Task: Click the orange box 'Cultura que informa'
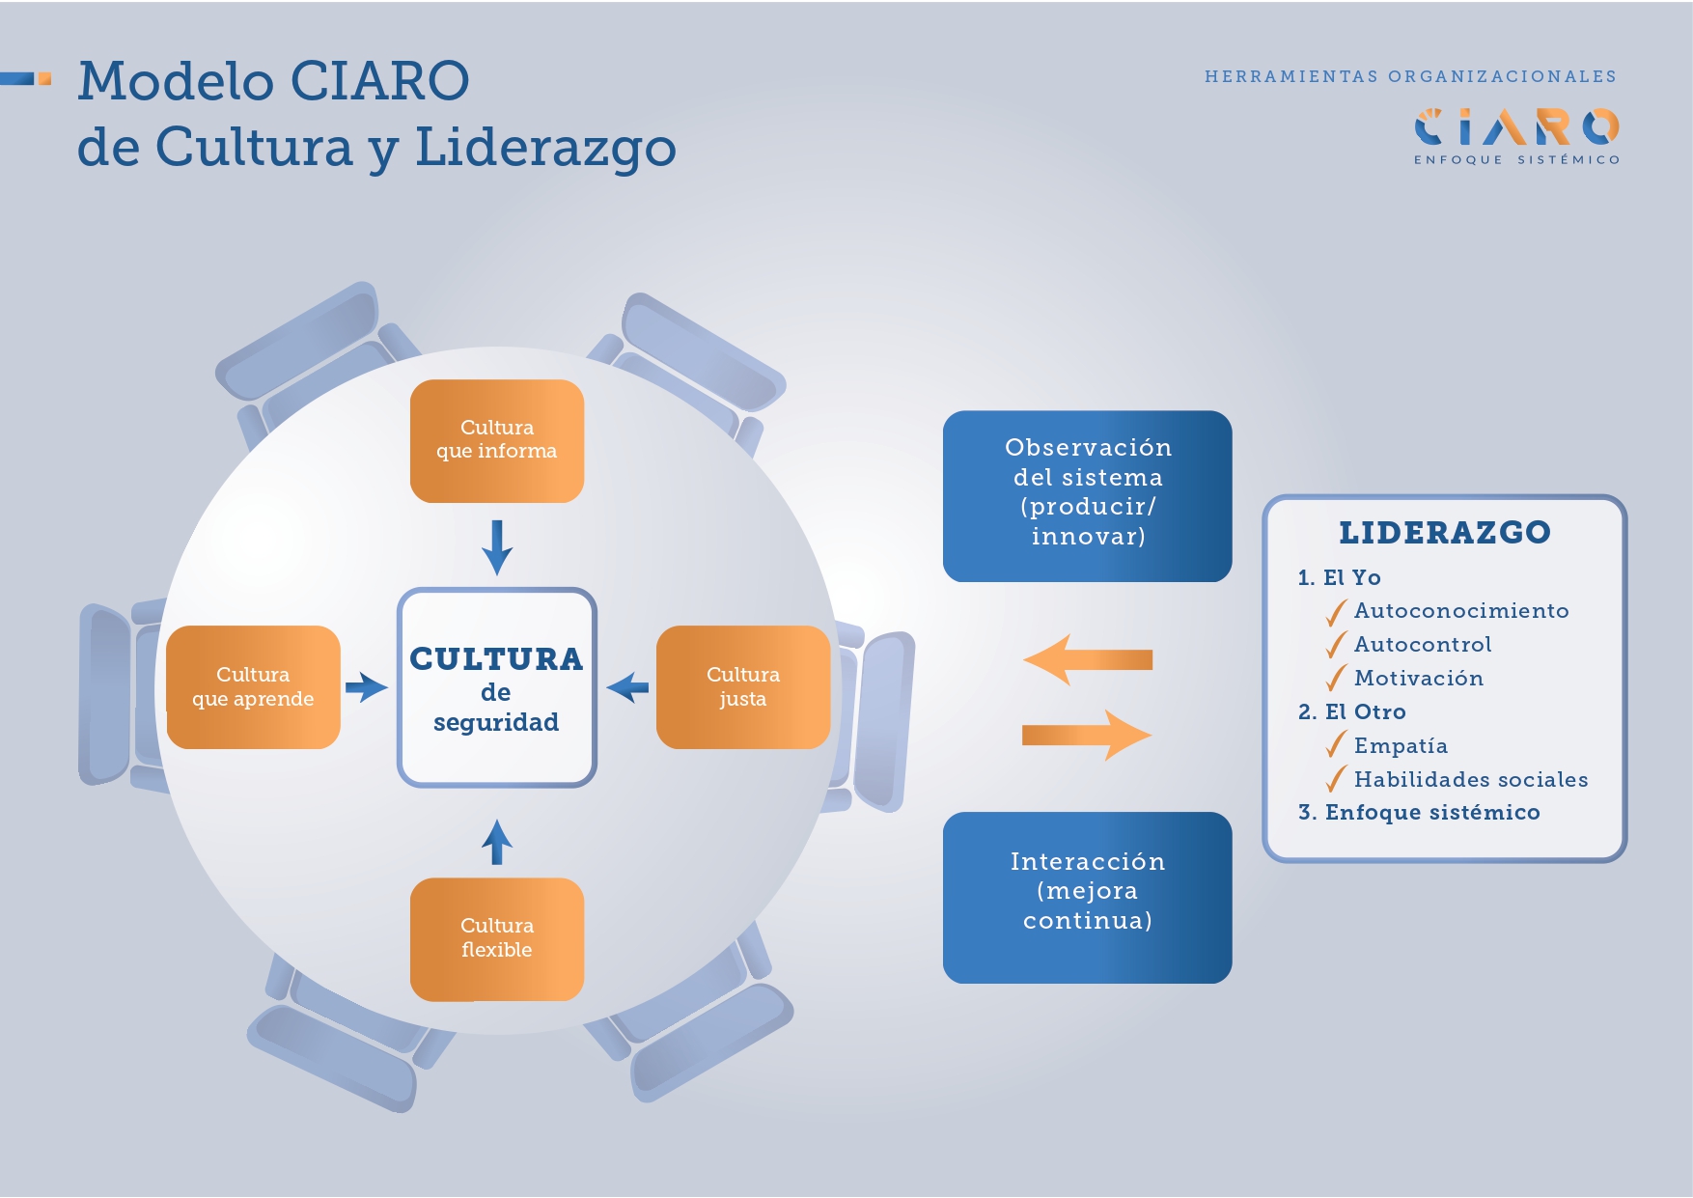(x=497, y=440)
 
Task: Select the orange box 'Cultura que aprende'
(x=253, y=687)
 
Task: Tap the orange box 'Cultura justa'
(x=742, y=687)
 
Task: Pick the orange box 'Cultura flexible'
(x=497, y=938)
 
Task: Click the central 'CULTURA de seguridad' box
(x=497, y=687)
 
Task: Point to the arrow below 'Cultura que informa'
(x=497, y=547)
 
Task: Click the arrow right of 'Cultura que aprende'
(x=367, y=687)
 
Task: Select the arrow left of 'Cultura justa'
(x=627, y=687)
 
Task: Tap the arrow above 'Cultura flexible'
(x=497, y=842)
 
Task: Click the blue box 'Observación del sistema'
(x=1087, y=496)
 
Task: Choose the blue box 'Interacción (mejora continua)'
(x=1087, y=897)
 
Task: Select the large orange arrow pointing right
(x=1087, y=736)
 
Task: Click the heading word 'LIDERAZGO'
(x=1444, y=533)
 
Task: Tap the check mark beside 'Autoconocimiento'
(x=1336, y=612)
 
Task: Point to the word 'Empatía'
(x=1401, y=746)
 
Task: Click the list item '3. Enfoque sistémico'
(x=1419, y=813)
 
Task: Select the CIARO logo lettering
(x=1516, y=126)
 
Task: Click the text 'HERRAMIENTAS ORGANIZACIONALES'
(x=1410, y=76)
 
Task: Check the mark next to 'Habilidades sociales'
(x=1336, y=779)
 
